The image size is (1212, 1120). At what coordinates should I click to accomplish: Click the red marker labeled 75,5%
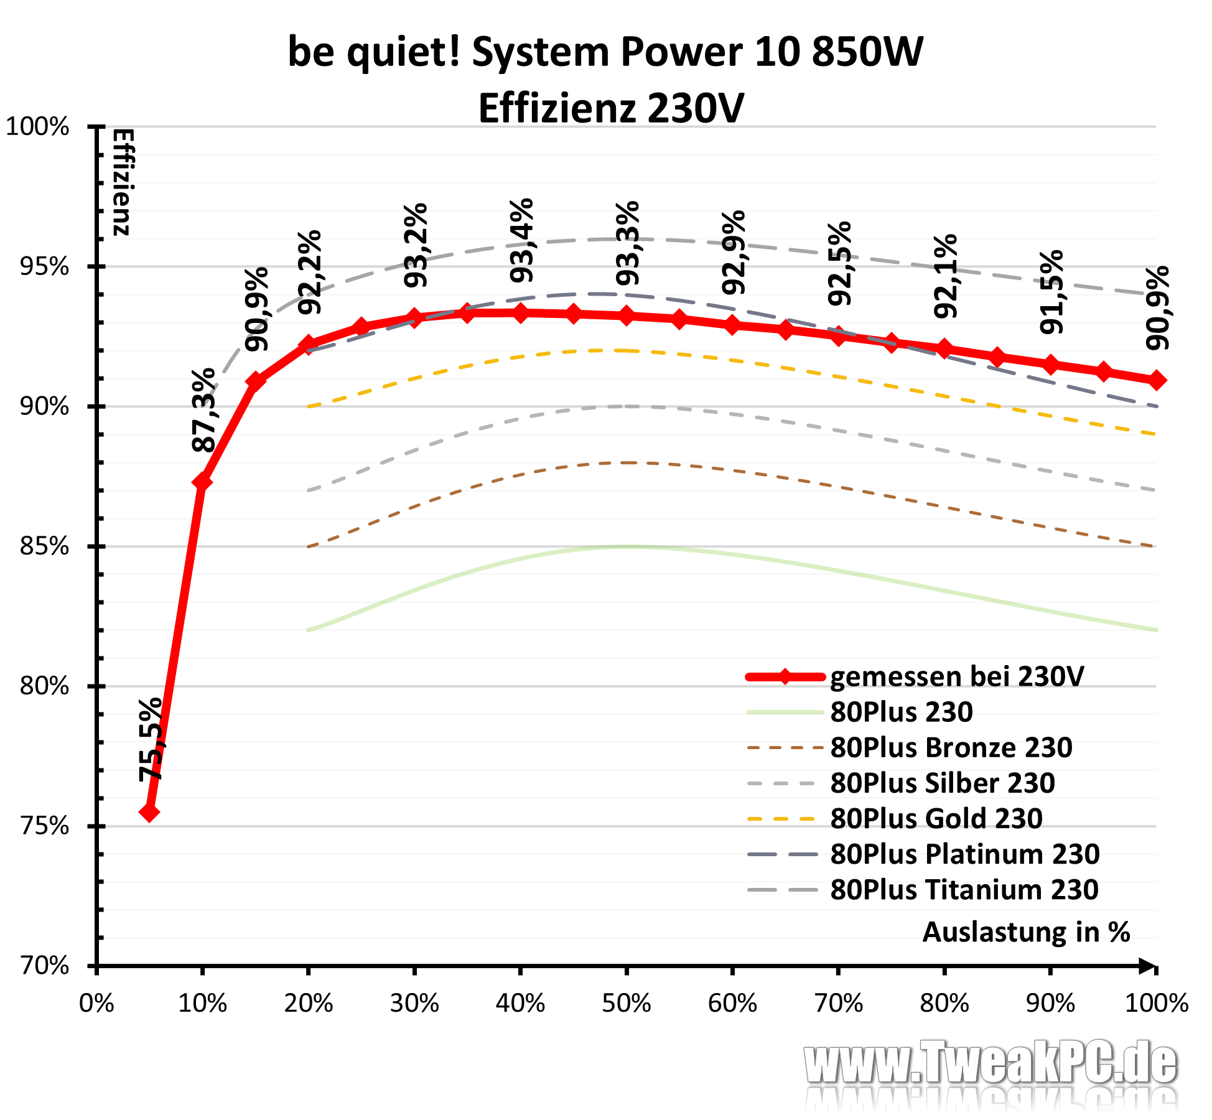[x=149, y=812]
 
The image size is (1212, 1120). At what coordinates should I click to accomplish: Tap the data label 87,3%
[x=203, y=410]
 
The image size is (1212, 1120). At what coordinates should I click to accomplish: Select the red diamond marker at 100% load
[x=1156, y=380]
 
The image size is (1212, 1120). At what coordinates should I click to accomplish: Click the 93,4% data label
[x=521, y=240]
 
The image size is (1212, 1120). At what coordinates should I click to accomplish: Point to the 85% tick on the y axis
[x=45, y=546]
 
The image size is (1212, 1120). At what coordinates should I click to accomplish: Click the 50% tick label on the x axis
[x=626, y=1003]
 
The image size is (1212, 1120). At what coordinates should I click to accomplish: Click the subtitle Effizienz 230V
[x=610, y=108]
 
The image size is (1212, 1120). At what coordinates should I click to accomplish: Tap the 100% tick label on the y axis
[x=37, y=127]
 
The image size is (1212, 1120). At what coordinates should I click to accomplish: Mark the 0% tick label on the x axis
[x=96, y=1003]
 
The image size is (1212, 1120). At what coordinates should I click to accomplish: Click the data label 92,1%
[x=946, y=276]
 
